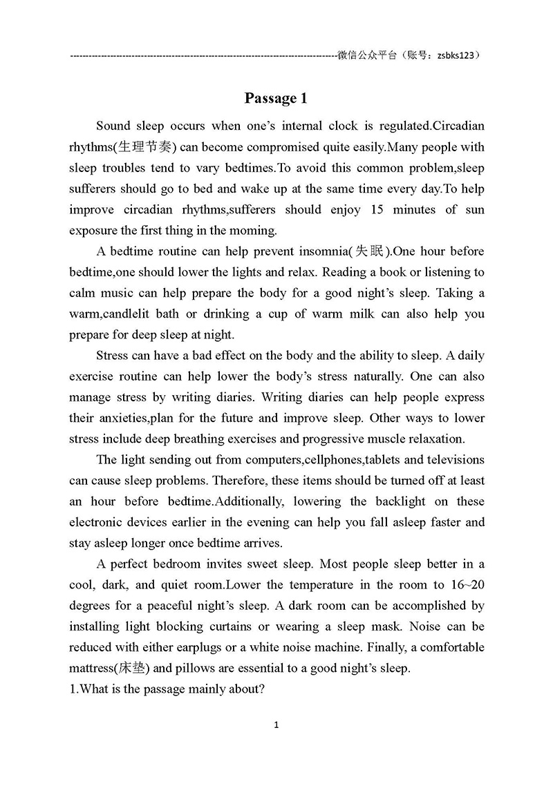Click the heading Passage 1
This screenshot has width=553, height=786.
[x=275, y=99]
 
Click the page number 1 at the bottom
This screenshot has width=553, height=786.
[x=276, y=725]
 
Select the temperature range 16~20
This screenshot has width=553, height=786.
[x=467, y=585]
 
